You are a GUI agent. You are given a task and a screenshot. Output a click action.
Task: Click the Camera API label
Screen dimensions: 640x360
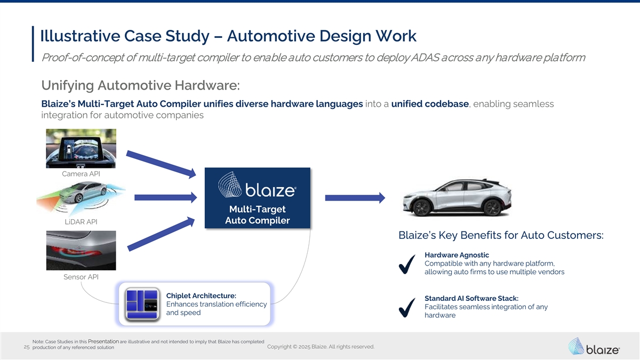[81, 174]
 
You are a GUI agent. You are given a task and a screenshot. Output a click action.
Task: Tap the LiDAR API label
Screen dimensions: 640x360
[81, 222]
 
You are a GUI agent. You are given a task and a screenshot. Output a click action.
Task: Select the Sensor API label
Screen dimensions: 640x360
[81, 277]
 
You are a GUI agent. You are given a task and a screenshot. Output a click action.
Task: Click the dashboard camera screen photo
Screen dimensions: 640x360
[81, 148]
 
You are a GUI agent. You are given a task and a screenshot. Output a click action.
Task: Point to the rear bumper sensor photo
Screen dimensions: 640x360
[81, 251]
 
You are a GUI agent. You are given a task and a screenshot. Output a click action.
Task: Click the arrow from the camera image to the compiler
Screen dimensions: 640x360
[161, 164]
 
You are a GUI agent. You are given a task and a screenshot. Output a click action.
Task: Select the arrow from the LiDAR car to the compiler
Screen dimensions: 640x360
[166, 197]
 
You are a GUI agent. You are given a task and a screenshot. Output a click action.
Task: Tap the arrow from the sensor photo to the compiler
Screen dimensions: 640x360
[161, 234]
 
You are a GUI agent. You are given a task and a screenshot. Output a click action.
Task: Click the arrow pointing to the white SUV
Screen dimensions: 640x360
[355, 198]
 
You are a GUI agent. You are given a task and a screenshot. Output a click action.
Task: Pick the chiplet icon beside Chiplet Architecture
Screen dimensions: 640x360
[142, 305]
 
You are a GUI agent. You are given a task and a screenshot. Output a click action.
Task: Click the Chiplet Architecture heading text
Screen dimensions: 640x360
[201, 295]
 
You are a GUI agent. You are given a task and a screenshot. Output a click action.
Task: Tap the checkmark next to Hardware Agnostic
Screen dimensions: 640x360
[407, 265]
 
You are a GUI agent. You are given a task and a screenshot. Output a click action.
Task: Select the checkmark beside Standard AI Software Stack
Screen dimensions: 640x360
[407, 308]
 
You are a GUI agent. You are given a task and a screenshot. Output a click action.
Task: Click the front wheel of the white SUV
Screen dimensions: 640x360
[421, 207]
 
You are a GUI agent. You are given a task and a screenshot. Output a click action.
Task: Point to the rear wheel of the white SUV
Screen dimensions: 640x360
[492, 207]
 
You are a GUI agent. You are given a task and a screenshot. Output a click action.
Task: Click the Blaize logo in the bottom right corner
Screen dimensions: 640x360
[594, 346]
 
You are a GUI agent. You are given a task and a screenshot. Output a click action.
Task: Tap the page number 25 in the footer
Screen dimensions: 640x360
[27, 347]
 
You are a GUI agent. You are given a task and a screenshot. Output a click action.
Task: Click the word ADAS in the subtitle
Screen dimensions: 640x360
[425, 58]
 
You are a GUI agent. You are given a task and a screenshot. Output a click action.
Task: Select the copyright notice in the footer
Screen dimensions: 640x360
[321, 347]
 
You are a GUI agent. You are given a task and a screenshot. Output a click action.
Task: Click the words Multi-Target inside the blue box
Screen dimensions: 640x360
[257, 209]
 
